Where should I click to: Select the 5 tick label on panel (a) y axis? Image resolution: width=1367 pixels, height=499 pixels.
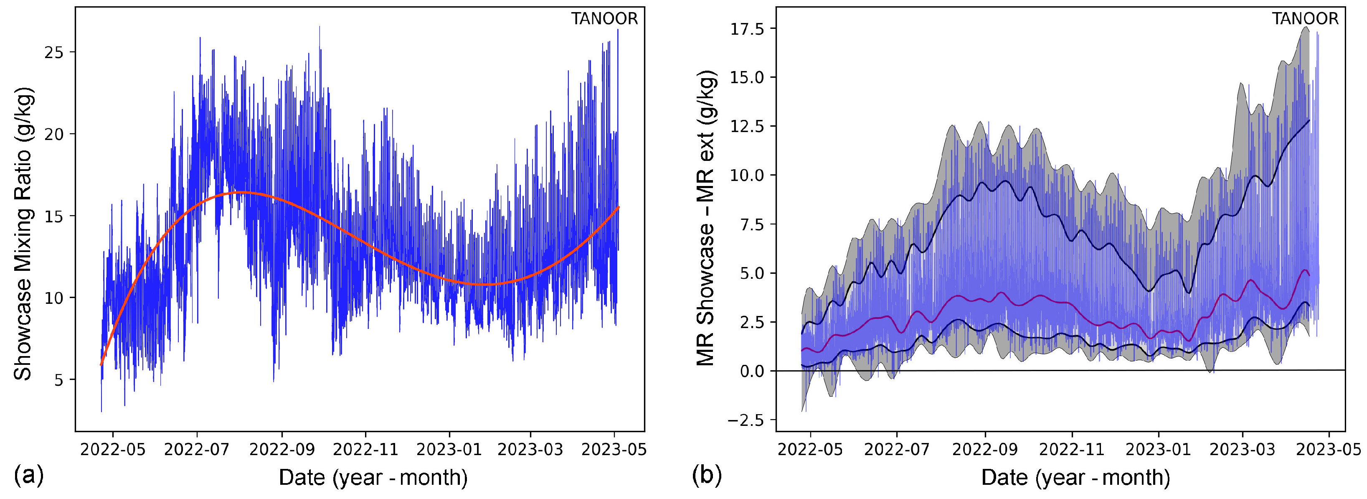pyautogui.click(x=58, y=380)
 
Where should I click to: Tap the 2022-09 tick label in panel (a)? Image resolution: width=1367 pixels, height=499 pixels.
pyautogui.click(x=282, y=450)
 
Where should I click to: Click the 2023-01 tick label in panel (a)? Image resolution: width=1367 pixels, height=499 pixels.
pyautogui.click(x=449, y=450)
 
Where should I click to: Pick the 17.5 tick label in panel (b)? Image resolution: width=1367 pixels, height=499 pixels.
pyautogui.click(x=747, y=29)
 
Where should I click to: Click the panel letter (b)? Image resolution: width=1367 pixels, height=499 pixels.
pyautogui.click(x=707, y=475)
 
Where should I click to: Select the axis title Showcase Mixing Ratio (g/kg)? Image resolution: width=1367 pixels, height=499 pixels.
pyautogui.click(x=23, y=234)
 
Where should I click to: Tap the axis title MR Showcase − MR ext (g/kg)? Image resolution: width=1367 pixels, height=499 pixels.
pyautogui.click(x=706, y=218)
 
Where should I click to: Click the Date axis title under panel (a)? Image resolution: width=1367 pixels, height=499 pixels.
pyautogui.click(x=373, y=477)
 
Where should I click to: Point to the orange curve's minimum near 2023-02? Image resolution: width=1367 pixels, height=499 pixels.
pyautogui.click(x=486, y=285)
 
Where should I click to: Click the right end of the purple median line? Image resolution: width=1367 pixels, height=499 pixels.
pyautogui.click(x=1309, y=275)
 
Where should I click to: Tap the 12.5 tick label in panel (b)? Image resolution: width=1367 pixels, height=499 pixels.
pyautogui.click(x=747, y=126)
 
